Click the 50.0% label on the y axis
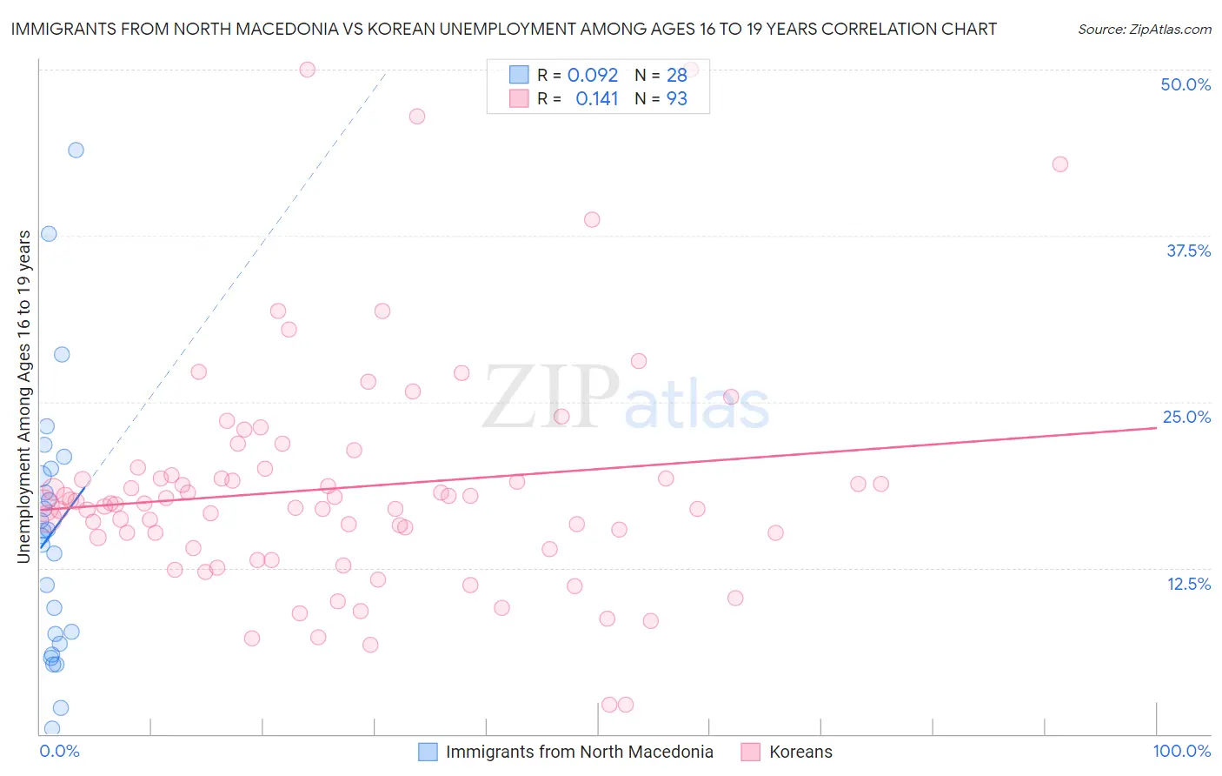tap(1185, 84)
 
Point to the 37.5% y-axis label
tap(1188, 251)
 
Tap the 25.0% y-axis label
tap(1186, 417)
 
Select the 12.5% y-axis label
tap(1188, 584)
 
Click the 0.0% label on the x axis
tap(59, 751)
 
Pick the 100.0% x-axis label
tap(1181, 751)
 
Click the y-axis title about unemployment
tap(24, 396)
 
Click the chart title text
tap(503, 29)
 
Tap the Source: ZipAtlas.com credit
tap(1144, 29)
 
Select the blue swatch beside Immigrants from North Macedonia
tap(428, 752)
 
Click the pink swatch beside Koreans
tap(751, 752)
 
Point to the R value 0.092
tap(593, 76)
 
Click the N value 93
tap(676, 99)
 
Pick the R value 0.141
tap(596, 99)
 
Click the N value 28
tap(676, 76)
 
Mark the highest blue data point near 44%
tap(76, 150)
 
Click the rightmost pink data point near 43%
tap(1059, 164)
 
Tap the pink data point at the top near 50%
tap(307, 70)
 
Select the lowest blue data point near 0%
tap(52, 728)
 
